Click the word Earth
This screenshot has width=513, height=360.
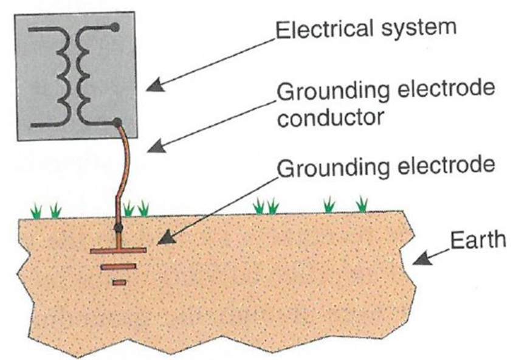pyautogui.click(x=477, y=240)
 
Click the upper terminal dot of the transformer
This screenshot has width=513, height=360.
pyautogui.click(x=115, y=27)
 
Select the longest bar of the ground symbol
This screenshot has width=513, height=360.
pyautogui.click(x=119, y=251)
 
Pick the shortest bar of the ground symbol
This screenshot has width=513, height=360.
pyautogui.click(x=119, y=282)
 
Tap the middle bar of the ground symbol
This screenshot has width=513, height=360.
pyautogui.click(x=119, y=266)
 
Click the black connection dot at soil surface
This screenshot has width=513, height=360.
pyautogui.click(x=119, y=229)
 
